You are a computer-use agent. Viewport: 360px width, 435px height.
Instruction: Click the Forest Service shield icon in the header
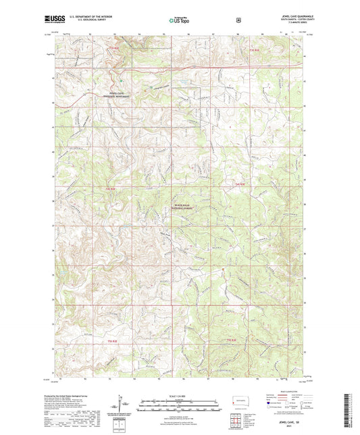click(x=238, y=21)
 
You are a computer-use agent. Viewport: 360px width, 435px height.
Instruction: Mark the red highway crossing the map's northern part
click(x=203, y=68)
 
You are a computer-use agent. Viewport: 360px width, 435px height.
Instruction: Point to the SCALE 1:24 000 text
click(x=180, y=394)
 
